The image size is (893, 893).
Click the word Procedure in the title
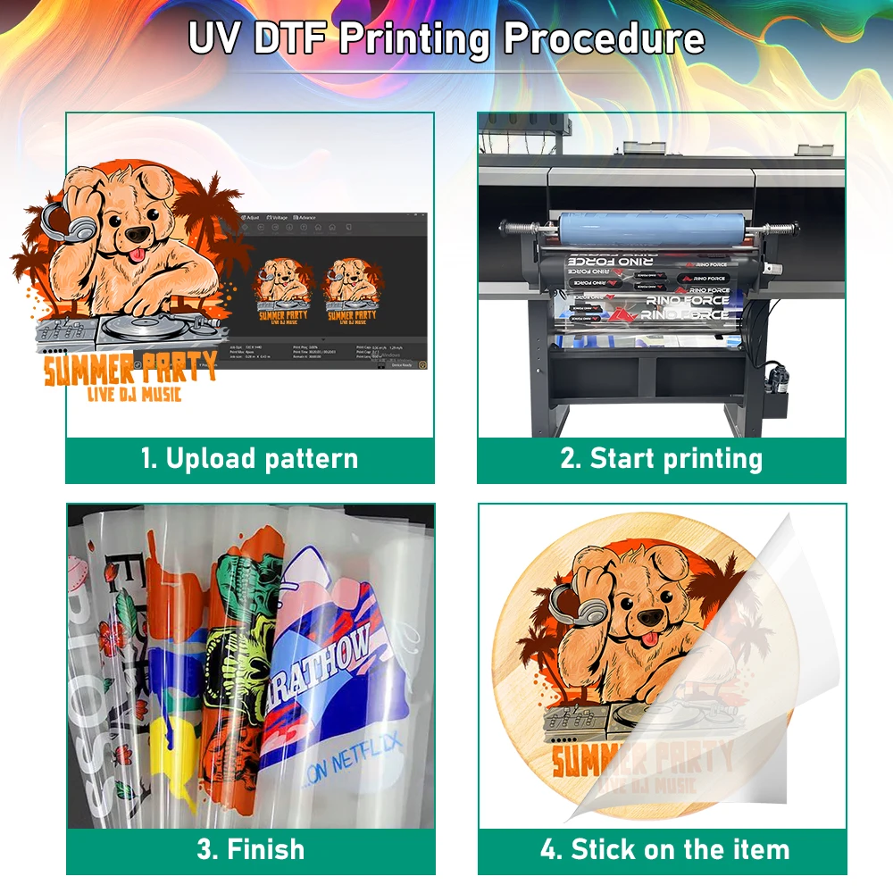(604, 38)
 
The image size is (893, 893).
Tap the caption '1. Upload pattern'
(249, 459)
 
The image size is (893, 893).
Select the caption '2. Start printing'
(661, 459)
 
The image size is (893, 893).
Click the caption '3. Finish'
(250, 848)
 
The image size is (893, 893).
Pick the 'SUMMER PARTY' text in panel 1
(129, 369)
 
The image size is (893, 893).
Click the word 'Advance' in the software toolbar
(306, 217)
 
